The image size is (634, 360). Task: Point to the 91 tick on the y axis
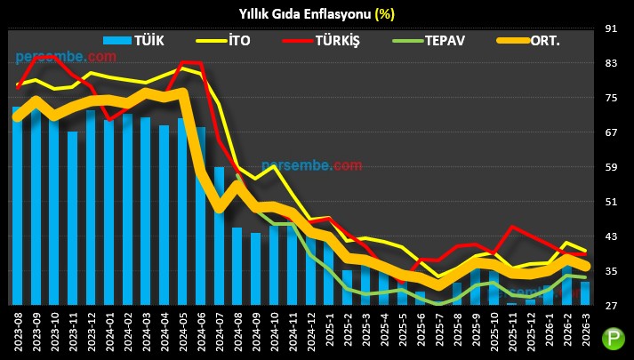point(611,28)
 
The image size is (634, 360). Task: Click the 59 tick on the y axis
point(611,167)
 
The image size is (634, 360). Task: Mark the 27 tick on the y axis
point(611,306)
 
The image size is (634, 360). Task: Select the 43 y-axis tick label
point(611,236)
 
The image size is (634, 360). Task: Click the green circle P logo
point(613,338)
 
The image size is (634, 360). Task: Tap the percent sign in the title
point(384,13)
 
